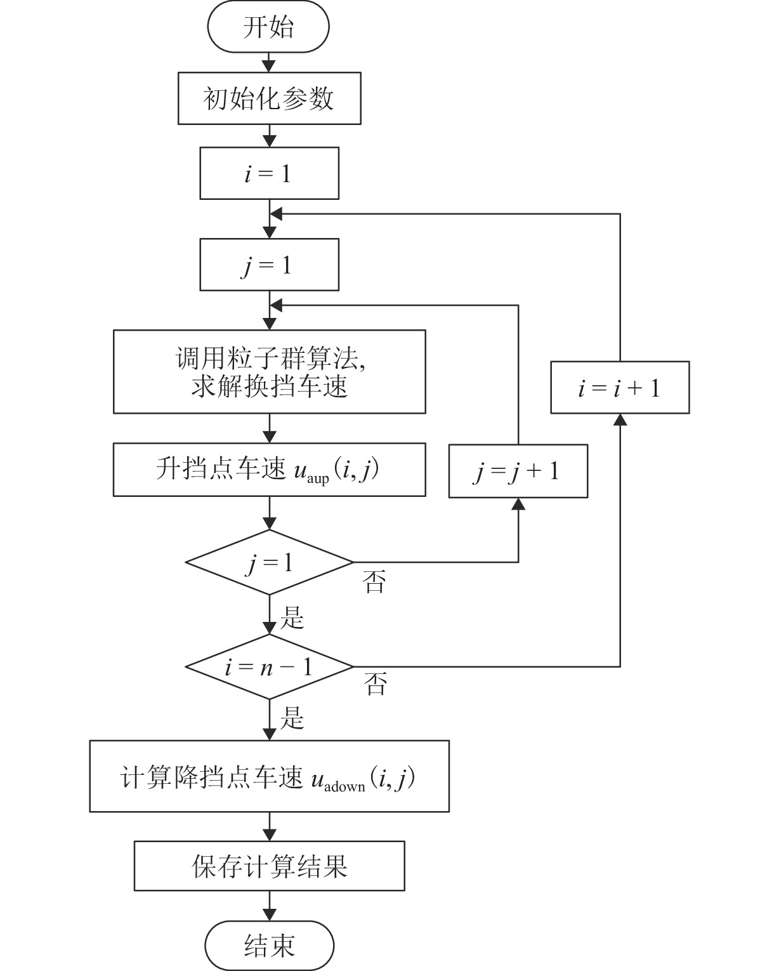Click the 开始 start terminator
[x=268, y=28]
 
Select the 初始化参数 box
[x=269, y=98]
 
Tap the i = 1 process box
[x=269, y=174]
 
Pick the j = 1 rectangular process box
[x=269, y=265]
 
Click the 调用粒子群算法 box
[x=269, y=372]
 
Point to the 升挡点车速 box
[x=269, y=470]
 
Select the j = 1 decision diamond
[x=269, y=562]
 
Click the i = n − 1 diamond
[x=269, y=667]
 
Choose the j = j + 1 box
[x=518, y=471]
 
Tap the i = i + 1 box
[x=619, y=388]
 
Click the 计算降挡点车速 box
[x=269, y=776]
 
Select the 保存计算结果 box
[x=269, y=866]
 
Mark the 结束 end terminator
[x=269, y=946]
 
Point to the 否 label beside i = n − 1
[x=375, y=684]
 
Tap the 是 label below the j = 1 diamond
[x=292, y=617]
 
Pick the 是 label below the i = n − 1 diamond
[x=292, y=718]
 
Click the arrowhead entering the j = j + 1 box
[x=518, y=504]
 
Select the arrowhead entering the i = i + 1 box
[x=620, y=419]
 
